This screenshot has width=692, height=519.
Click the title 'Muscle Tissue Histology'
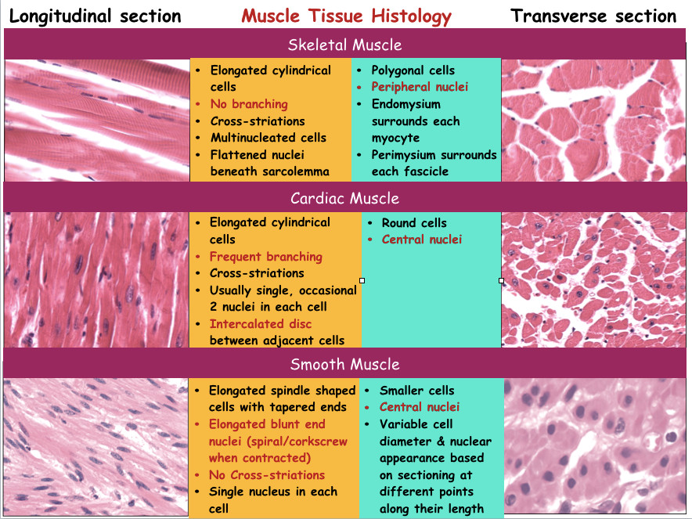coord(346,16)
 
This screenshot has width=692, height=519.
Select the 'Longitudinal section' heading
coord(95,16)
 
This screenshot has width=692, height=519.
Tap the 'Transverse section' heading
coord(593,16)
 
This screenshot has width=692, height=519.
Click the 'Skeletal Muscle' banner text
coord(345,45)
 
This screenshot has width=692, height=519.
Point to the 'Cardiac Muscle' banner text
coord(345,198)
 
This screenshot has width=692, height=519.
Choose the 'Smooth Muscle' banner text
coord(345,364)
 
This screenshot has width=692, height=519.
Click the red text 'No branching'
coord(249,104)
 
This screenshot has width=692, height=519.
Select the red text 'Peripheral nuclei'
coord(420,87)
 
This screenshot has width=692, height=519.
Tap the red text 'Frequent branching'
coord(265,257)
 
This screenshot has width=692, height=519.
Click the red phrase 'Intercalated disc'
coord(260,324)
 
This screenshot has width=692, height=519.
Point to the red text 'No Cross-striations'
coord(266,475)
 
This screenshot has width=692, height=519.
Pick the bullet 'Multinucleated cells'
coord(269,138)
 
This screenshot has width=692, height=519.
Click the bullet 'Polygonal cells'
coord(415,70)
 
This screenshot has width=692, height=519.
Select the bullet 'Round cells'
coord(414,222)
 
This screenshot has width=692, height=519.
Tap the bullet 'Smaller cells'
coord(416,390)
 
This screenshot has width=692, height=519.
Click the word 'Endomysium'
coord(406,104)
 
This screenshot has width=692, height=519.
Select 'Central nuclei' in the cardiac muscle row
coord(422,240)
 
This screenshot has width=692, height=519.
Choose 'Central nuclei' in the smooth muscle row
coord(420,407)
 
